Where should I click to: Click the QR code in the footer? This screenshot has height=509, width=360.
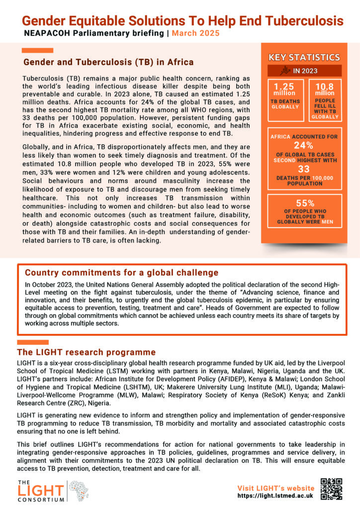(x=332, y=488)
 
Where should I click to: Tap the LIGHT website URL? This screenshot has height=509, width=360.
(x=275, y=496)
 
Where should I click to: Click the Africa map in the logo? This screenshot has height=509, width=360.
(x=79, y=490)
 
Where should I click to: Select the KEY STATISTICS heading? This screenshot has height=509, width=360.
(x=304, y=58)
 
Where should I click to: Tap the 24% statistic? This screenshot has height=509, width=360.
(x=303, y=146)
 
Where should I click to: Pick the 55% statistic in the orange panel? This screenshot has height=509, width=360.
(x=304, y=203)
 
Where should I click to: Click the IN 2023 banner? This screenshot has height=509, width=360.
(x=304, y=71)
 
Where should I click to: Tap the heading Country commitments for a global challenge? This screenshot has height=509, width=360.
(x=121, y=272)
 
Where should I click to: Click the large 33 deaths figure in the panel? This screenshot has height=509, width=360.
(x=304, y=169)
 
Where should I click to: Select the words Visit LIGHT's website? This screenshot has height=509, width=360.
(x=275, y=488)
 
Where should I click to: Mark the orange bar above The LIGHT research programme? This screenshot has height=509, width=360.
(x=33, y=342)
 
